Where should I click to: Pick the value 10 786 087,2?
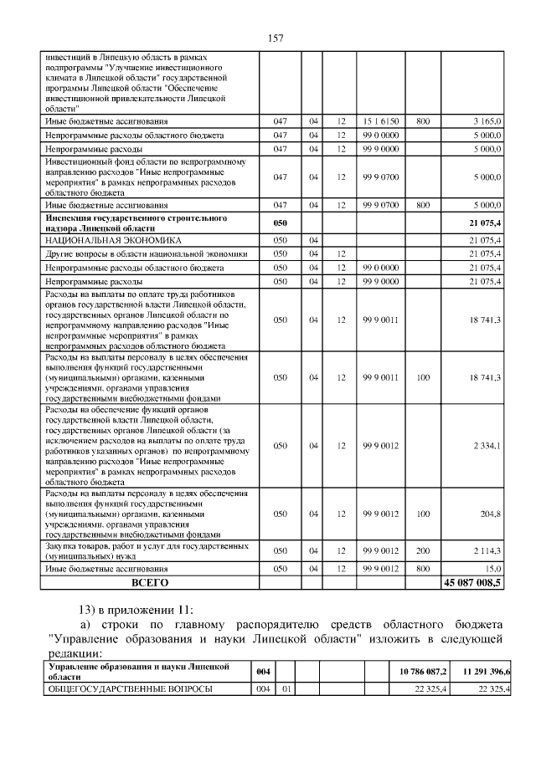pyautogui.click(x=420, y=672)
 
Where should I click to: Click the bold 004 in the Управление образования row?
pyautogui.click(x=263, y=672)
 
